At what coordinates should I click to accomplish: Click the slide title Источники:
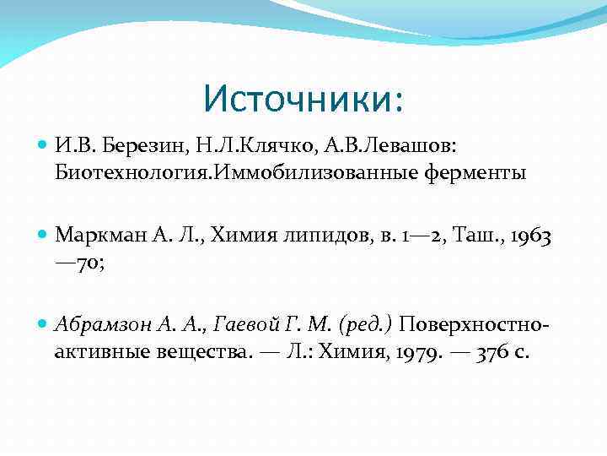coord(303,99)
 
